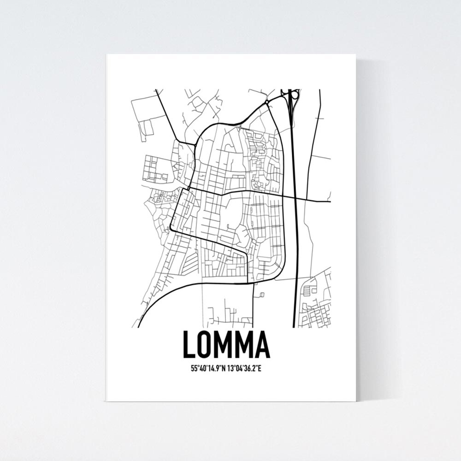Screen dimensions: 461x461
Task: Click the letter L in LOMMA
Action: (189, 345)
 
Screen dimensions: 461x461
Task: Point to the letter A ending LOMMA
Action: (263, 345)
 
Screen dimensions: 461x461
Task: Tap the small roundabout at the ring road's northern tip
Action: (267, 101)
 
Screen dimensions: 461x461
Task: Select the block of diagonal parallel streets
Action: (190, 263)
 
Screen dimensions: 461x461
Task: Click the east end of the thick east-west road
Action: (330, 201)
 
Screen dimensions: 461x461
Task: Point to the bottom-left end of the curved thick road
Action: (139, 325)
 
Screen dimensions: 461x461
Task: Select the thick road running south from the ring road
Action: (253, 304)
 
